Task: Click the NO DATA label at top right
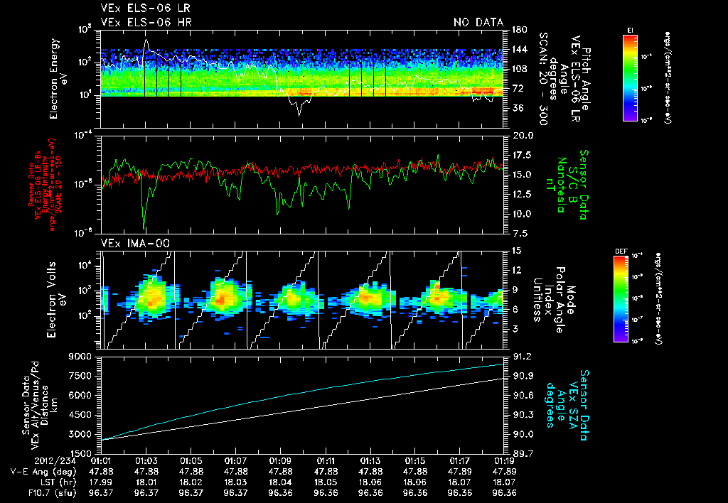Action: point(478,23)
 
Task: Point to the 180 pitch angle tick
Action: point(518,29)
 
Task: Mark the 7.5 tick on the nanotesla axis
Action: point(519,233)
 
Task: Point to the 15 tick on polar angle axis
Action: point(516,250)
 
